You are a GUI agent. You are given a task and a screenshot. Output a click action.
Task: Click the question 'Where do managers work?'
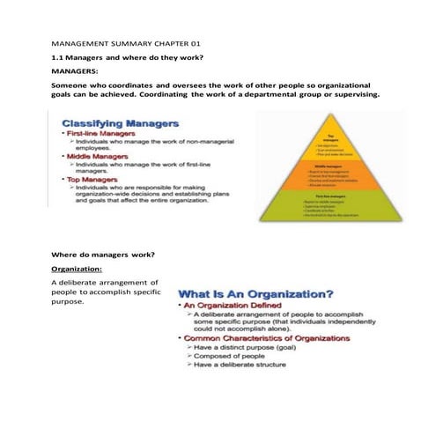[x=103, y=255]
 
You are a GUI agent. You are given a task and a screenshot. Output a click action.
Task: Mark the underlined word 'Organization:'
[x=77, y=268]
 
